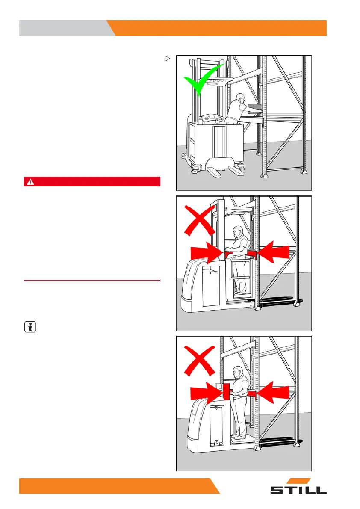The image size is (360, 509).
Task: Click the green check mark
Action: (202, 80)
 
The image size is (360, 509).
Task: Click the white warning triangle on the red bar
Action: (30, 182)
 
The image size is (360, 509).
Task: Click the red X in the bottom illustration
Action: (199, 359)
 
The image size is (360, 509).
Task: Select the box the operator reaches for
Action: (254, 107)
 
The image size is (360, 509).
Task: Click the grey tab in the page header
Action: (64, 28)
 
